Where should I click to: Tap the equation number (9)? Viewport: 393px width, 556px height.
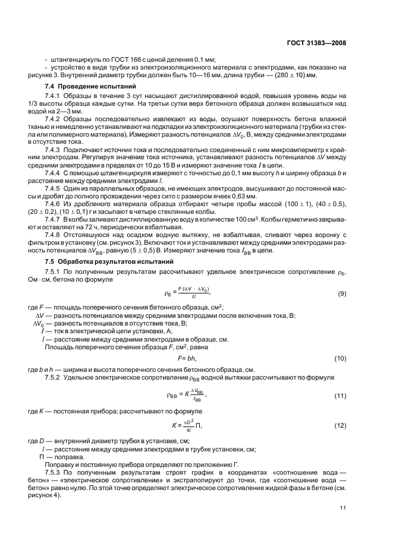pyautogui.click(x=342, y=293)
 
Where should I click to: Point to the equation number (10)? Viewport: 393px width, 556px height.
pyautogui.click(x=341, y=359)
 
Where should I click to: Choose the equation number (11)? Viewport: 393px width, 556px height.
pyautogui.click(x=341, y=395)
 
